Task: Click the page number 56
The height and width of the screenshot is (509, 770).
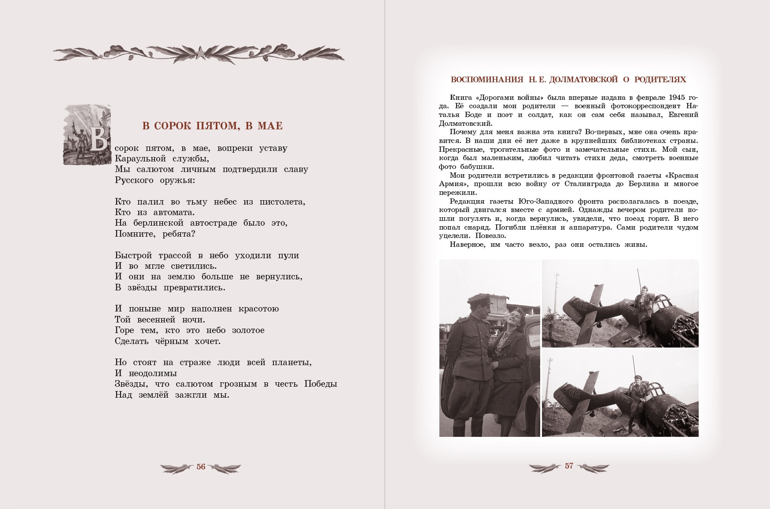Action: click(201, 467)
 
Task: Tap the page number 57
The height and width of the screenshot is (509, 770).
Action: click(569, 466)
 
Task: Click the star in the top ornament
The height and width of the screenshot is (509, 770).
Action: click(199, 53)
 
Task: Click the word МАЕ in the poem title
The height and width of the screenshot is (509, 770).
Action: click(269, 126)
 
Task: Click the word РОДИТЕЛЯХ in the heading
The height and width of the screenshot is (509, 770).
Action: click(660, 80)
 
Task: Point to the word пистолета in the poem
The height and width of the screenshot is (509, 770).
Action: click(282, 202)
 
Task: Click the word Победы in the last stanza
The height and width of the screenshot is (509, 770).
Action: click(321, 384)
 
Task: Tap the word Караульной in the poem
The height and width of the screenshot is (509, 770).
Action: click(140, 158)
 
